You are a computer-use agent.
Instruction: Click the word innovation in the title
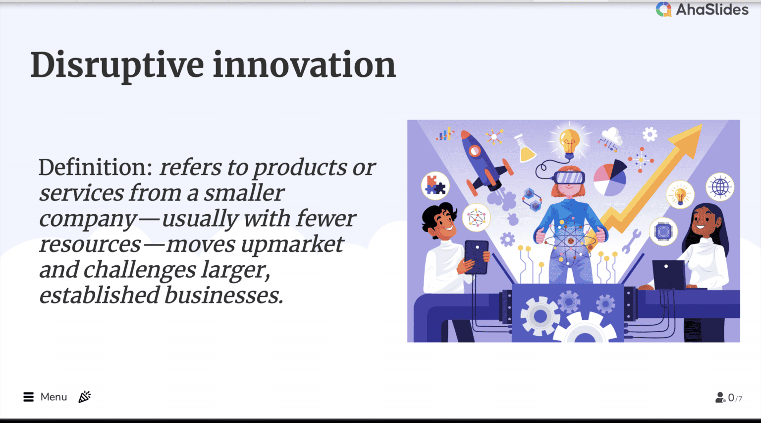pyautogui.click(x=304, y=64)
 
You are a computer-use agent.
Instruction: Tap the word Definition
pyautogui.click(x=96, y=167)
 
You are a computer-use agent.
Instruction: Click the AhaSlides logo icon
pyautogui.click(x=663, y=9)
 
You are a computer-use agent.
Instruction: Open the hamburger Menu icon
pyautogui.click(x=29, y=397)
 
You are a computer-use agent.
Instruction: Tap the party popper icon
pyautogui.click(x=85, y=397)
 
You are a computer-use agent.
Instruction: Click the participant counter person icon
pyautogui.click(x=720, y=398)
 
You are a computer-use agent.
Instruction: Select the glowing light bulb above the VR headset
pyautogui.click(x=569, y=143)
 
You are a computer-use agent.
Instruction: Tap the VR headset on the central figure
pyautogui.click(x=569, y=178)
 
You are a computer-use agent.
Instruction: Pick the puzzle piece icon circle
pyautogui.click(x=435, y=185)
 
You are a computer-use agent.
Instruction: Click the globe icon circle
pyautogui.click(x=720, y=186)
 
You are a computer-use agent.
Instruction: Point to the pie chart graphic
pyautogui.click(x=610, y=178)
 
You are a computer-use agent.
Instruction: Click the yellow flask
pyautogui.click(x=525, y=148)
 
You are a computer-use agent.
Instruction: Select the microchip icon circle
pyautogui.click(x=663, y=232)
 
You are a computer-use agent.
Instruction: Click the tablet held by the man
pyautogui.click(x=476, y=257)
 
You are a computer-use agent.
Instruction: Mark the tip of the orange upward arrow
pyautogui.click(x=702, y=124)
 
